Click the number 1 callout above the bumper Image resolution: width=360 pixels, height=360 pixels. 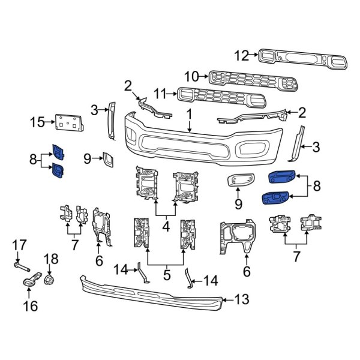point(188,113)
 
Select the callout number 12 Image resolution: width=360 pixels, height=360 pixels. point(241,56)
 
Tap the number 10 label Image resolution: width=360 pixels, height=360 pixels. point(191,77)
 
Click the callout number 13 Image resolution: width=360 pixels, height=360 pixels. point(241,298)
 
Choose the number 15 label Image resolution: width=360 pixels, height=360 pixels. point(37,124)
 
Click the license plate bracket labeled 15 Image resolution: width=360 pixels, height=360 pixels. point(68,122)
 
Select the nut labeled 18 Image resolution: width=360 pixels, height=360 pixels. point(50,279)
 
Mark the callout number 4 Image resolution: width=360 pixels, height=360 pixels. point(166,227)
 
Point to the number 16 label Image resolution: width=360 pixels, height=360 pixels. point(30,307)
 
